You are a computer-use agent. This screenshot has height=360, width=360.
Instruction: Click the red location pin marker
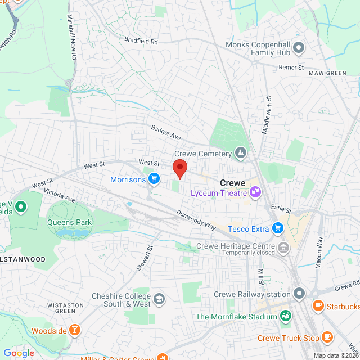pyautogui.click(x=179, y=168)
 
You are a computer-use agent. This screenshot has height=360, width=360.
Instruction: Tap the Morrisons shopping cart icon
pyautogui.click(x=154, y=179)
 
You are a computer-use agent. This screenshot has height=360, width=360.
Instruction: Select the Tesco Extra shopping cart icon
pyautogui.click(x=277, y=228)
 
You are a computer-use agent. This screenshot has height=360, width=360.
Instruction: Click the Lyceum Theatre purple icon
pyautogui.click(x=255, y=193)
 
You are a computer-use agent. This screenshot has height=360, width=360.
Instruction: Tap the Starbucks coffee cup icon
pyautogui.click(x=318, y=306)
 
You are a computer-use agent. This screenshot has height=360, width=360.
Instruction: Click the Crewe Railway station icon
pyautogui.click(x=299, y=294)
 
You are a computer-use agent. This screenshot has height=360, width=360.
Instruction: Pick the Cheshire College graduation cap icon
pyautogui.click(x=159, y=299)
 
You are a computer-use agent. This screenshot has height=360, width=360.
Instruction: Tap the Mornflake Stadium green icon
pyautogui.click(x=286, y=316)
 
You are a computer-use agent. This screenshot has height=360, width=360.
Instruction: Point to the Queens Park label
pyautogui.click(x=70, y=222)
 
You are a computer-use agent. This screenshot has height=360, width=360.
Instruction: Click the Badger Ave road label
pyautogui.click(x=165, y=133)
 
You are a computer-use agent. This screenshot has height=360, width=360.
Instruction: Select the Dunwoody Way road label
pyautogui.click(x=196, y=219)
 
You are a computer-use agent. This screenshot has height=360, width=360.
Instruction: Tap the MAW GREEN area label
pyautogui.click(x=327, y=73)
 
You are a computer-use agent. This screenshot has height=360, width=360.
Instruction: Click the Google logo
pyautogui.click(x=19, y=353)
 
